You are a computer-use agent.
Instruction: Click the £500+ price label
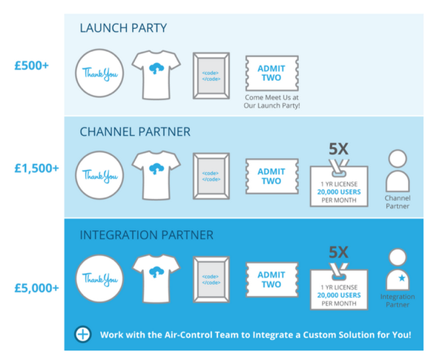click(x=32, y=66)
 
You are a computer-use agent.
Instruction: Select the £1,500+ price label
click(x=36, y=168)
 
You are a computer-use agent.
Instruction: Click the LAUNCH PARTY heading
click(x=123, y=28)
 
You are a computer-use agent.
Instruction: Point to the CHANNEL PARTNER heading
click(x=135, y=131)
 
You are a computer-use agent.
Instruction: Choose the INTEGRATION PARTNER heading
click(x=148, y=235)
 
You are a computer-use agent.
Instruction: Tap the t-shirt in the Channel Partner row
click(x=156, y=174)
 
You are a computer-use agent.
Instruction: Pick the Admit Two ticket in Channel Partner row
click(x=271, y=176)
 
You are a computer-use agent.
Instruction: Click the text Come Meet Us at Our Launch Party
click(x=271, y=102)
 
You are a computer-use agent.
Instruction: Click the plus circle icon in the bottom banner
click(x=83, y=334)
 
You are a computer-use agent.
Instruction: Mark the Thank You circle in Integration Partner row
click(x=99, y=278)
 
